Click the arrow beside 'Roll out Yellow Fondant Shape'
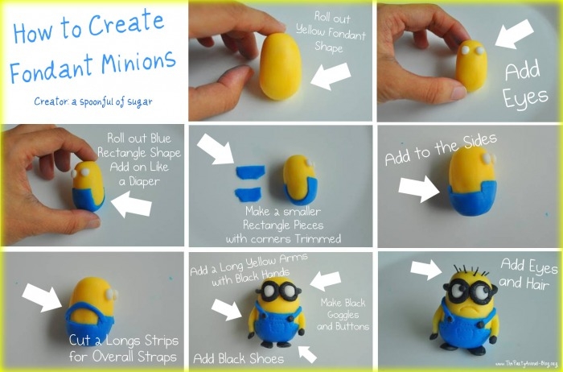click(330, 78)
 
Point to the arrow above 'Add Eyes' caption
click(514, 35)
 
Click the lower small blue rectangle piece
click(245, 192)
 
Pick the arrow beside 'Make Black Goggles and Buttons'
click(326, 280)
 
